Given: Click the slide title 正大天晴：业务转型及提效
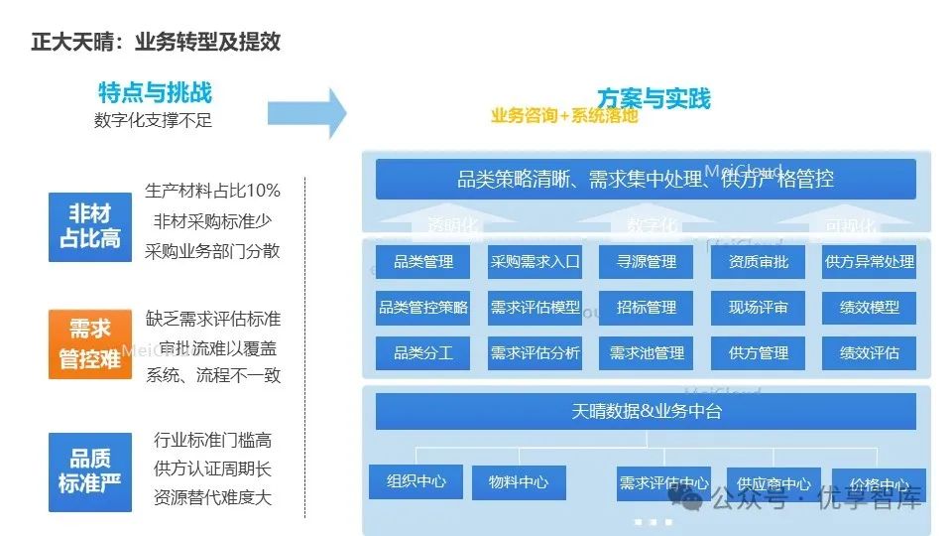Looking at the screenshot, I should pyautogui.click(x=156, y=42).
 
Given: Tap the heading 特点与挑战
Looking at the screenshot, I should pyautogui.click(x=155, y=93).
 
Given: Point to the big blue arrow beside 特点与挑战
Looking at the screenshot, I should pyautogui.click(x=307, y=112).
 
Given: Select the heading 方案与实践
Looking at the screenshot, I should pyautogui.click(x=654, y=98).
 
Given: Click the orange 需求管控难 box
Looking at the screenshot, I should pyautogui.click(x=90, y=343).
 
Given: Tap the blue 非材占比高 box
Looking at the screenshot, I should pyautogui.click(x=90, y=226).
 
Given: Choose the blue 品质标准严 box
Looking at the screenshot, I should pyautogui.click(x=90, y=471).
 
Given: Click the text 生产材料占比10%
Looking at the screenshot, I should pyautogui.click(x=212, y=191).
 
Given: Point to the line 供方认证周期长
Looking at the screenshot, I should pyautogui.click(x=212, y=469).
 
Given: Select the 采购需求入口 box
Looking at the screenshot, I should pyautogui.click(x=535, y=262).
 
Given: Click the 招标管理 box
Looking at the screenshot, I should pyautogui.click(x=647, y=308).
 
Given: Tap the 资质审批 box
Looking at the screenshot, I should pyautogui.click(x=759, y=262).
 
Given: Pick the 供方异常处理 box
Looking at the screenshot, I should pyautogui.click(x=870, y=262).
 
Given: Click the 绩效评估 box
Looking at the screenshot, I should pyautogui.click(x=870, y=352).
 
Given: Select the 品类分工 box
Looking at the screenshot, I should pyautogui.click(x=423, y=352).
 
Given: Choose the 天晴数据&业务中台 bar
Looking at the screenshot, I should pyautogui.click(x=646, y=411).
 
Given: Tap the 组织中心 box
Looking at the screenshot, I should pyautogui.click(x=416, y=482).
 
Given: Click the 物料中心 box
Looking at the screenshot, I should pyautogui.click(x=519, y=482).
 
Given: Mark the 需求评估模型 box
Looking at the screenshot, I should pyautogui.click(x=535, y=308).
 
